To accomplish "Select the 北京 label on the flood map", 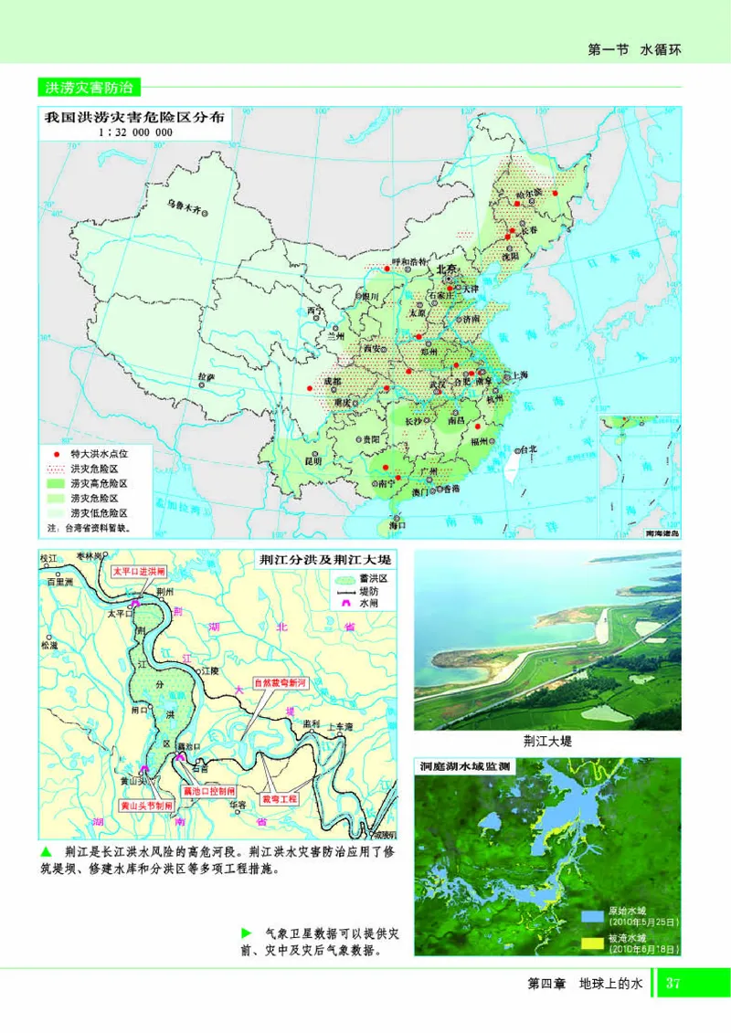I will pos(446,269).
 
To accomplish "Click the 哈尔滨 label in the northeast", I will pos(527,193).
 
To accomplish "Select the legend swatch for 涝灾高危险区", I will pos(56,483).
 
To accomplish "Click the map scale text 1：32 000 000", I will pos(134,132).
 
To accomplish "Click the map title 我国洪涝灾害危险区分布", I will pos(134,117).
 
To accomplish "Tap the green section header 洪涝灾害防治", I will pos(89,89).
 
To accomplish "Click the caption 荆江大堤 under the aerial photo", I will pos(548,741).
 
